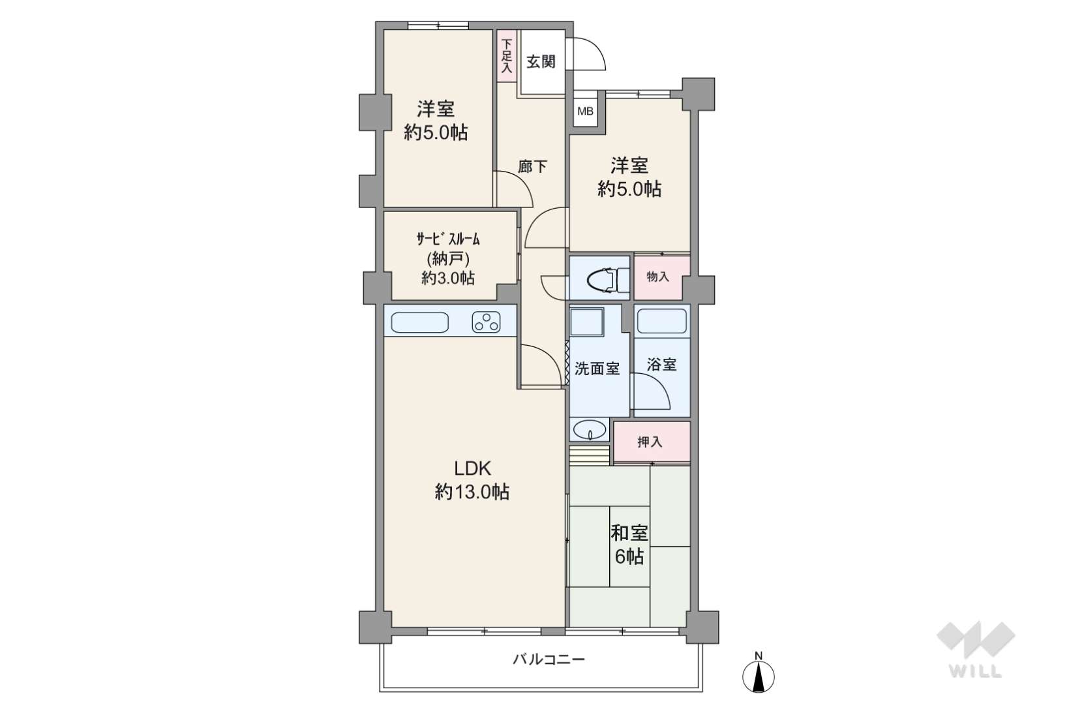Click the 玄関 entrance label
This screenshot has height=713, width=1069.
[541, 62]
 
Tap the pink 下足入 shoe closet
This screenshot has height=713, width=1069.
[507, 56]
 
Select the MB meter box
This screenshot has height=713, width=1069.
[585, 112]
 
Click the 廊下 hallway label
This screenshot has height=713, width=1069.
[532, 167]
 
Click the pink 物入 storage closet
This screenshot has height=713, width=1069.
[657, 277]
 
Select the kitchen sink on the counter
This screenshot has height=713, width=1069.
[419, 322]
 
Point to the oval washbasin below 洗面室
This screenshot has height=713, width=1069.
[590, 431]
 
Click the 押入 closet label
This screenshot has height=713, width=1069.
[650, 442]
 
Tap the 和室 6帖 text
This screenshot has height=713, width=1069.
[629, 545]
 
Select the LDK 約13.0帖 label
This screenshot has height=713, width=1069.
[472, 480]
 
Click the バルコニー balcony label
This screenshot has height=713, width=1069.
[548, 660]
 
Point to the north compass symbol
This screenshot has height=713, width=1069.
[759, 675]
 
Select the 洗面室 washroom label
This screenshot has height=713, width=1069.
[597, 369]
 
